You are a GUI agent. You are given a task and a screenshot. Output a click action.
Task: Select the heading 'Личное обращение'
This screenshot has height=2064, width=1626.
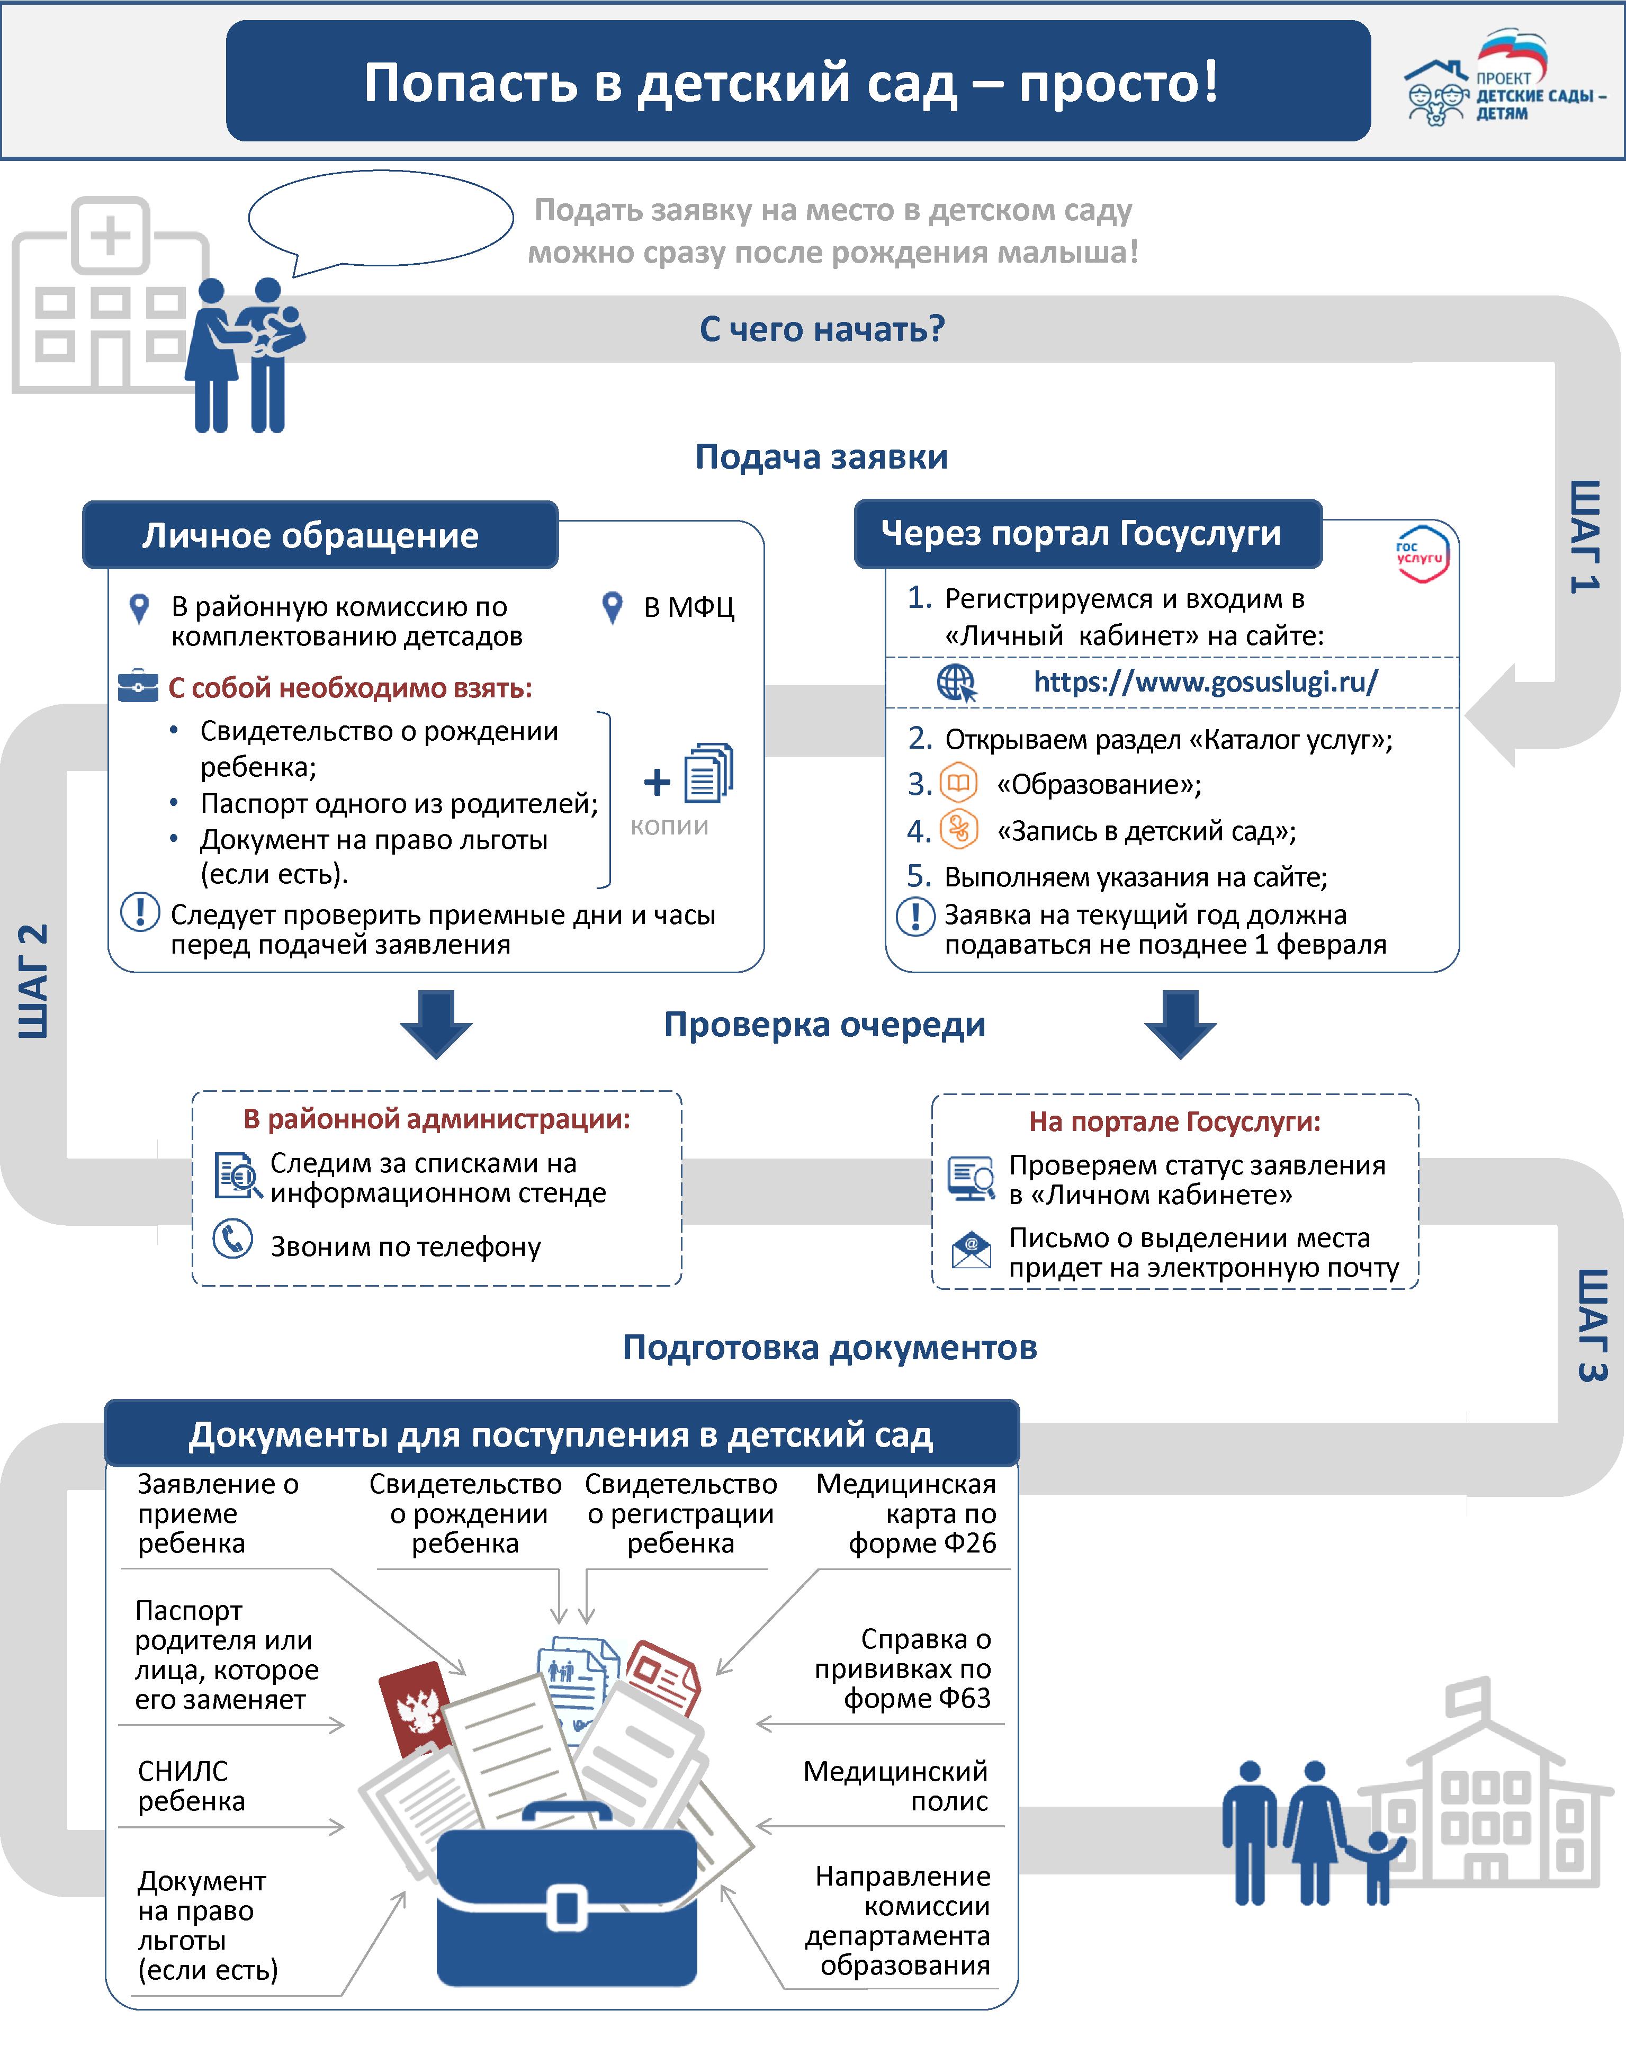(x=310, y=535)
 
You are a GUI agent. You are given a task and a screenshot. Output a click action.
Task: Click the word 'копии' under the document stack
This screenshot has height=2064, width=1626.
(x=669, y=827)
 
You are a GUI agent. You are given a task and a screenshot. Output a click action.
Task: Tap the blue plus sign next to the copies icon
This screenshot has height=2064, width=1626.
(x=657, y=783)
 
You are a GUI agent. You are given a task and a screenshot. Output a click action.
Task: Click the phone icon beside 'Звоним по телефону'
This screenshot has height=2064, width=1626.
(x=232, y=1239)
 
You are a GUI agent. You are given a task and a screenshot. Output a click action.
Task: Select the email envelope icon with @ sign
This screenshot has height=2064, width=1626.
(x=971, y=1249)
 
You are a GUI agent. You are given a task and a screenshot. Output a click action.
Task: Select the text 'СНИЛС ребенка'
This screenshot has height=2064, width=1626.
(x=191, y=1786)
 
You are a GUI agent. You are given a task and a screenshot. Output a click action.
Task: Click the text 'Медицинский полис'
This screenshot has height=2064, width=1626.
(x=895, y=1786)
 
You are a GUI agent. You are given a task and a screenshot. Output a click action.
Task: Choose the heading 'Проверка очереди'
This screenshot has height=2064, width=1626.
(x=824, y=1025)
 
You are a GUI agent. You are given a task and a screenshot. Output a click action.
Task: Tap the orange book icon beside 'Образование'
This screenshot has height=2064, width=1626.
(x=959, y=784)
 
